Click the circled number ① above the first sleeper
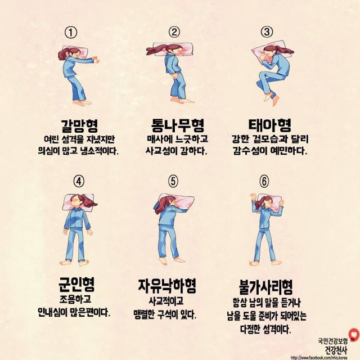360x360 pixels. [71, 33]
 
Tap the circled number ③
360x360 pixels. [267, 31]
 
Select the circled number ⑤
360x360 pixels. [173, 181]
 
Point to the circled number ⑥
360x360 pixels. [264, 181]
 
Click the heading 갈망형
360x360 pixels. [79, 125]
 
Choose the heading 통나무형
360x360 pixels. [178, 125]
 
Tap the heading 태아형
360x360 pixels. [270, 125]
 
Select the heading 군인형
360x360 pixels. [76, 283]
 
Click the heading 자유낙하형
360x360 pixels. [167, 286]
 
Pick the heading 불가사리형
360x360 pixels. [266, 287]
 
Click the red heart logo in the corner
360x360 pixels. [354, 335]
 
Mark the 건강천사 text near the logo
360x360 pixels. [336, 350]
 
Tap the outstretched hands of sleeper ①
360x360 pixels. [96, 60]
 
